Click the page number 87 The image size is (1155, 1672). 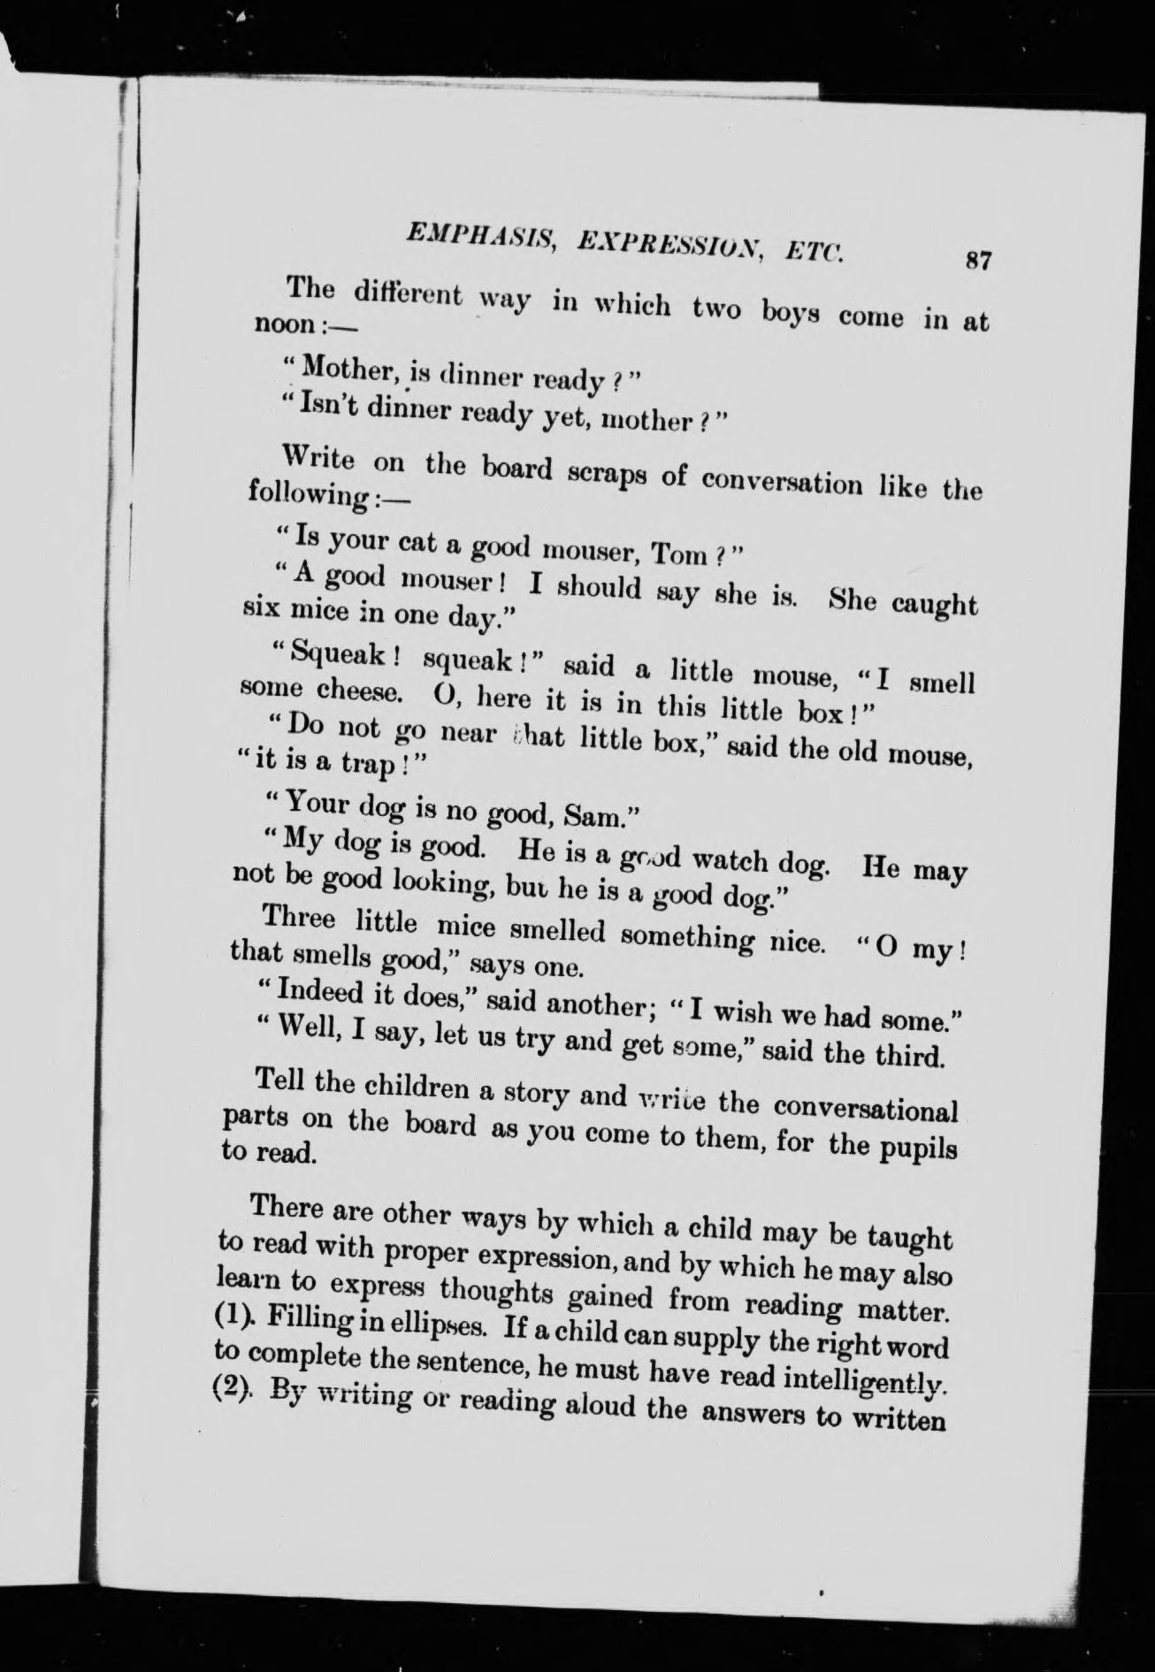977,262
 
